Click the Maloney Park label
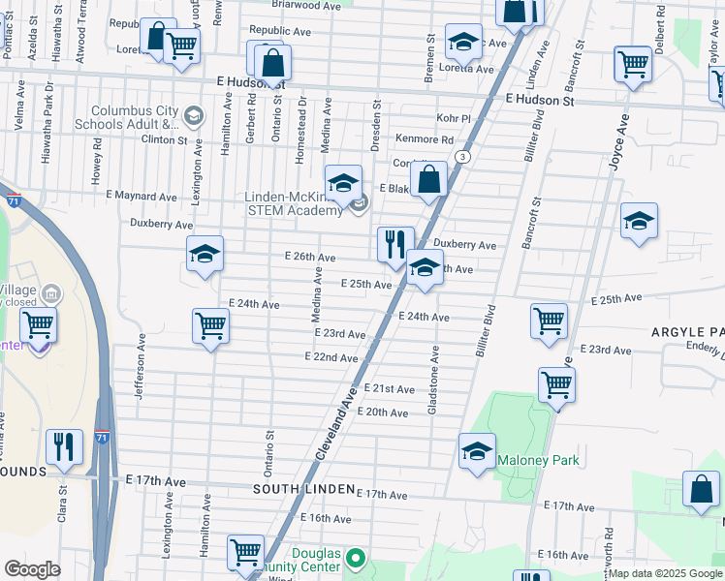538,460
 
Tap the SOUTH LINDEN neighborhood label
299,490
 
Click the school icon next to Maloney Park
476,452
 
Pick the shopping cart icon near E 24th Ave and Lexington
210,326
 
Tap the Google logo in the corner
32,569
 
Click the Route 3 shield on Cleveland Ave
464,157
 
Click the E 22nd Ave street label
332,357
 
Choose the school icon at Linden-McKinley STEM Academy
343,182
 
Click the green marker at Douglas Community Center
356,558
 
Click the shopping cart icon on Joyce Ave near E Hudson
633,64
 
